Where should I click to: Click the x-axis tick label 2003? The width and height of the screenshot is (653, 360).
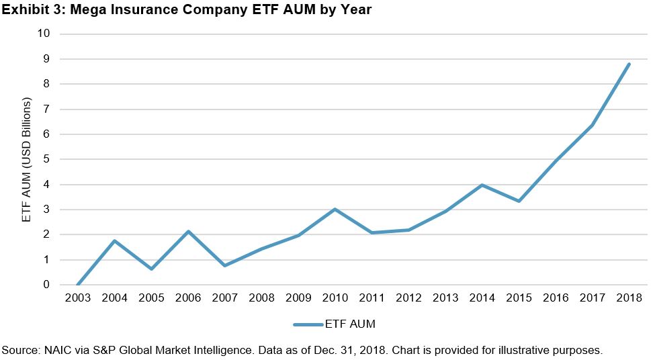[79, 298]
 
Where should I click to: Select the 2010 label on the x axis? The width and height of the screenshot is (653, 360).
[335, 298]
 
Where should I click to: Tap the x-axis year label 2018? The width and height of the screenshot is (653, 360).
[628, 298]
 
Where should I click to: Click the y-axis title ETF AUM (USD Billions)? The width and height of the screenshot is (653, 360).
[26, 159]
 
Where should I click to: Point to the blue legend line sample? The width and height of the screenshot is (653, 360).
[309, 324]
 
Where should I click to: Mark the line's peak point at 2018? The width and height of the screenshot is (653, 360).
[628, 64]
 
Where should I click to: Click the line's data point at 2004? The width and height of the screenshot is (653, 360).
[116, 240]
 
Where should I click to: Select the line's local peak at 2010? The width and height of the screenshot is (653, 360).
[335, 209]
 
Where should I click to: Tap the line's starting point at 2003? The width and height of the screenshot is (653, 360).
[79, 285]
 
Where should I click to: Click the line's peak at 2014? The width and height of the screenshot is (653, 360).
[482, 185]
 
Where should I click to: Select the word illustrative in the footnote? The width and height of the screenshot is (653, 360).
[543, 350]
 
